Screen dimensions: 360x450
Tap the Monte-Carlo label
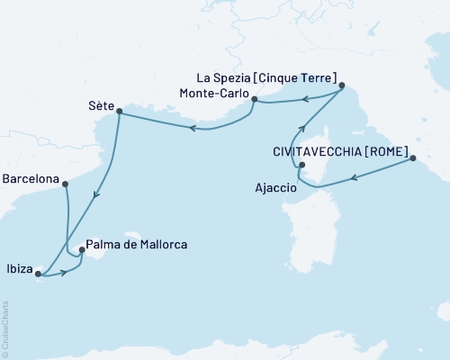[x=213, y=93]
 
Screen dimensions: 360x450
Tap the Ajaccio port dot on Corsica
[x=302, y=165]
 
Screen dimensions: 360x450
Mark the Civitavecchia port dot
[x=413, y=159]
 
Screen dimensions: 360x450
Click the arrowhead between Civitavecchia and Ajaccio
[x=352, y=177]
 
